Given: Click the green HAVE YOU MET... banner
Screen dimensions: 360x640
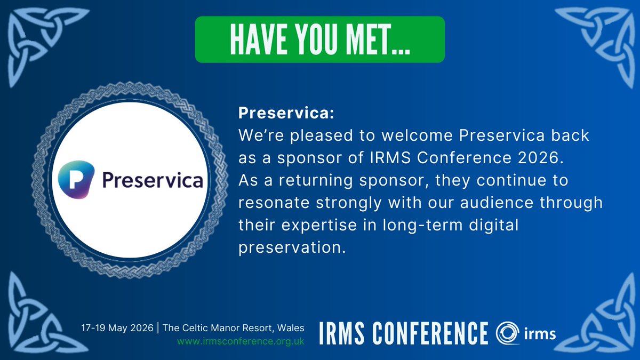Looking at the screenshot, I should pos(319,39).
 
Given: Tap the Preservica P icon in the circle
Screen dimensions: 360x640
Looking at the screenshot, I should pos(76,180).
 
